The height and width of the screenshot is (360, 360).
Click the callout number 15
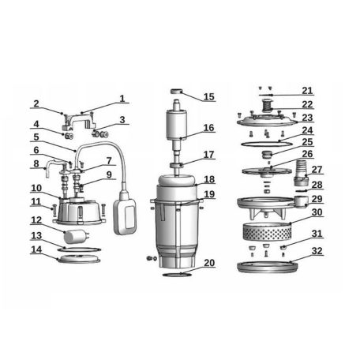(x=209, y=97)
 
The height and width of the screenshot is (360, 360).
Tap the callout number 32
(x=317, y=251)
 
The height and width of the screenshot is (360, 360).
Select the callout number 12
(x=36, y=220)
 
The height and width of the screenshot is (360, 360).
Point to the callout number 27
(x=317, y=170)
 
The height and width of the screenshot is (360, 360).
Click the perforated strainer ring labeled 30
(x=266, y=231)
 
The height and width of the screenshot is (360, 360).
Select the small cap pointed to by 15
(x=176, y=92)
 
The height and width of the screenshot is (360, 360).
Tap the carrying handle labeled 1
(x=79, y=121)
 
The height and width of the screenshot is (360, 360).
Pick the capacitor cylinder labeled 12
(x=76, y=236)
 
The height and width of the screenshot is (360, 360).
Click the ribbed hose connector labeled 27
(x=301, y=172)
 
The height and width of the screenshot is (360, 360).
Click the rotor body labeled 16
(x=177, y=124)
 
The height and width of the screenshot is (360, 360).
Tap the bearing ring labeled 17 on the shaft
(x=176, y=165)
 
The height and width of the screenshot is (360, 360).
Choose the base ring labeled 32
(x=268, y=267)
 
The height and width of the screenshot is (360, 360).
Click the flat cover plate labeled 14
(x=79, y=259)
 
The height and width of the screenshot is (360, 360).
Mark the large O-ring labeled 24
(x=266, y=144)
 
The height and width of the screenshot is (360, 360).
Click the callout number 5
(x=36, y=137)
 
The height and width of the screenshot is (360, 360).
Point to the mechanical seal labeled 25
(x=266, y=155)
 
